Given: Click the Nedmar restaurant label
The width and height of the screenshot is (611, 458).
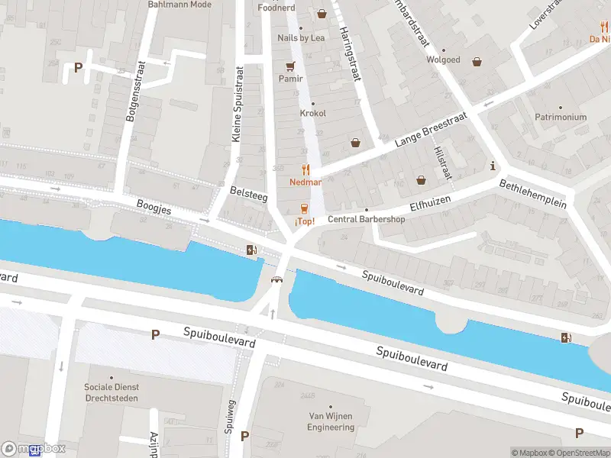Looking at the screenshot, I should (305, 182).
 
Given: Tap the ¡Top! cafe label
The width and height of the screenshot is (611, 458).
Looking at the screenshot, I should (305, 221).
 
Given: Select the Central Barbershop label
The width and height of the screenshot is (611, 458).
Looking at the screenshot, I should (366, 219).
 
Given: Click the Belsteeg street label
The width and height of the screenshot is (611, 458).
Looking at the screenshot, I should (248, 195).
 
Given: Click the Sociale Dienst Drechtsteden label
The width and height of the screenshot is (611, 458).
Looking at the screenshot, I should (112, 392).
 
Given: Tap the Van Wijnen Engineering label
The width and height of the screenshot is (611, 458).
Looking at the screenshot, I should (331, 421).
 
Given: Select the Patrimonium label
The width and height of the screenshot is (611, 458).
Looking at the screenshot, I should (560, 117).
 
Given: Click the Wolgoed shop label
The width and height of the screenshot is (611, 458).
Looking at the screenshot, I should (443, 60).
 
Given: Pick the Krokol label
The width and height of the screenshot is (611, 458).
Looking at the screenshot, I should (312, 113).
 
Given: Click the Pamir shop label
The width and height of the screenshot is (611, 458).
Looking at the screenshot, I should (290, 79).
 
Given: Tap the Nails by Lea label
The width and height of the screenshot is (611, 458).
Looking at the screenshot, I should (301, 38).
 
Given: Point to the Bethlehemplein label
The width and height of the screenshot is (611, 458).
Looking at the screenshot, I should (532, 194).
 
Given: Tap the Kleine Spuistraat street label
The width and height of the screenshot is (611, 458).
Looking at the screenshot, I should (238, 105).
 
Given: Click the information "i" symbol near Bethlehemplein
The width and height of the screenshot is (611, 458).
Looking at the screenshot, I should (493, 166).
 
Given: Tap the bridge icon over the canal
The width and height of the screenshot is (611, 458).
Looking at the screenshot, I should (276, 279).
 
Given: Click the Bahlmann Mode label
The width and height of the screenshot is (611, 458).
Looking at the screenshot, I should (179, 5).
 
